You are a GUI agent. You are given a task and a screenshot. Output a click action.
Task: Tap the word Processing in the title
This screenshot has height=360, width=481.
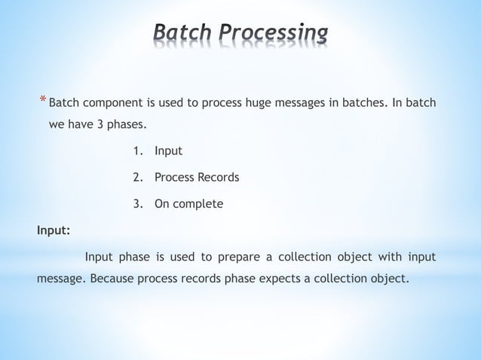pos(274,34)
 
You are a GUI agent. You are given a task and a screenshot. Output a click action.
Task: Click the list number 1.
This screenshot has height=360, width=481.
pos(138,151)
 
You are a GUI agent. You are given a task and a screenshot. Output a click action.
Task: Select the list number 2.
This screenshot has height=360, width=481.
pos(138,178)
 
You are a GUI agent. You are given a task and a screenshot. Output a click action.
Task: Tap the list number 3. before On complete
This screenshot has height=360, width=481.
pos(138,204)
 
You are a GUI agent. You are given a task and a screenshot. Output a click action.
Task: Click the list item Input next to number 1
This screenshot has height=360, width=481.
pos(168,151)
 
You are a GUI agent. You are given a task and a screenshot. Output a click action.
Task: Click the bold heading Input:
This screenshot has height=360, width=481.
pos(54,230)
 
